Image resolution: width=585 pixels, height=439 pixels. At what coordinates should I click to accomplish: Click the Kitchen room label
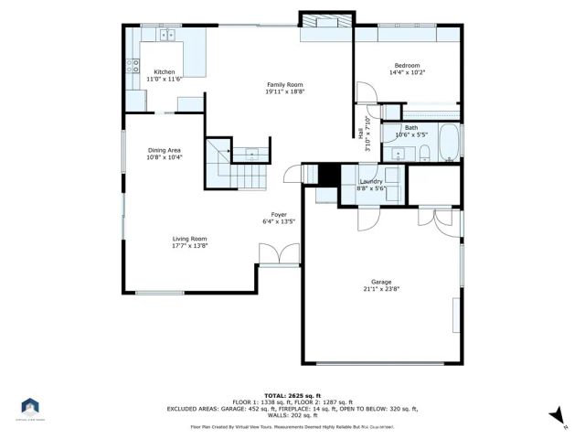pos(164,71)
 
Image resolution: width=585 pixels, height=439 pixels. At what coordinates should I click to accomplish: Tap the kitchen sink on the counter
pos(167,36)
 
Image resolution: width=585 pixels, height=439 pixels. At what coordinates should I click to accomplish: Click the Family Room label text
pos(284,84)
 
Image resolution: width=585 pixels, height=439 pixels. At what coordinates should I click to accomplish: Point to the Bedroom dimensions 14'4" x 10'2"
pos(407,72)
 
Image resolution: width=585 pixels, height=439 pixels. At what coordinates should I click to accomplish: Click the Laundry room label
pos(370,181)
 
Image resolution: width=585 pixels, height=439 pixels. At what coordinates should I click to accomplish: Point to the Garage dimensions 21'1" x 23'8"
pos(380,289)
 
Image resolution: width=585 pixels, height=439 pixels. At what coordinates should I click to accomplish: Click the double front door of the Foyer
pos(278,254)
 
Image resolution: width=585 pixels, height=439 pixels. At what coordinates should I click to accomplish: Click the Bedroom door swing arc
pos(365,92)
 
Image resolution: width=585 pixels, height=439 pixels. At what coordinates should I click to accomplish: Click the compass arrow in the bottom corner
pos(553,416)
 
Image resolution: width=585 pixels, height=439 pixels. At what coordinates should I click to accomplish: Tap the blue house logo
pos(30,406)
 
